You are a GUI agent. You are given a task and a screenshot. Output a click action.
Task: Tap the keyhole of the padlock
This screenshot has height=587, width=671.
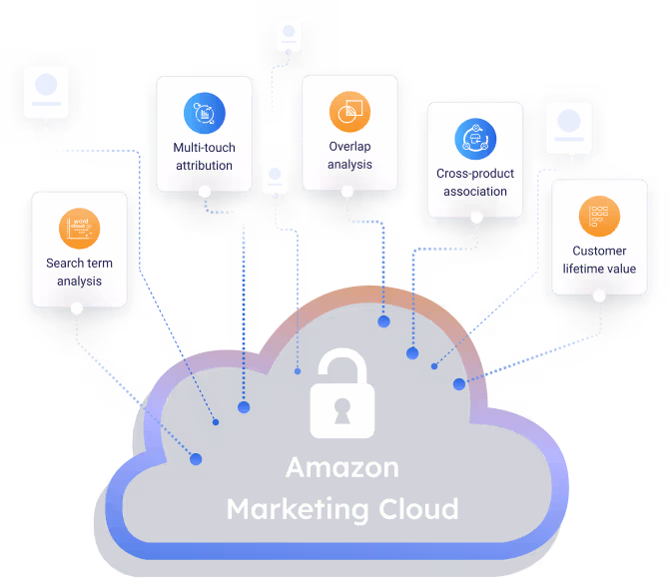pyautogui.click(x=342, y=409)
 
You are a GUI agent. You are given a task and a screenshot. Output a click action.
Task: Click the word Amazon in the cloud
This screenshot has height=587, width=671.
pyautogui.click(x=341, y=467)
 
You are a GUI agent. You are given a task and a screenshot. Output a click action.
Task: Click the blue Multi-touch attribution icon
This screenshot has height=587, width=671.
pyautogui.click(x=204, y=114)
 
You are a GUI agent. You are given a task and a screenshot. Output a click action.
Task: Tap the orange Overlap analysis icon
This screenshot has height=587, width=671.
pyautogui.click(x=349, y=112)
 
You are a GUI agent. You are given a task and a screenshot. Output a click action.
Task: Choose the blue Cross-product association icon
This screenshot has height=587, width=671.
pyautogui.click(x=475, y=140)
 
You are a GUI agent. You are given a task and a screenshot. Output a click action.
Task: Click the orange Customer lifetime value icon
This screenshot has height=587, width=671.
pyautogui.click(x=599, y=216)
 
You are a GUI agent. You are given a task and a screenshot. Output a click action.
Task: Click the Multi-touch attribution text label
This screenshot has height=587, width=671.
pyautogui.click(x=204, y=157)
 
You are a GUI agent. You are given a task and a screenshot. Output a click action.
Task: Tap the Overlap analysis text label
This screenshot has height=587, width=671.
pyautogui.click(x=349, y=156)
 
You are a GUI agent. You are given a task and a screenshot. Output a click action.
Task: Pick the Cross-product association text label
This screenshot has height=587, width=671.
pyautogui.click(x=475, y=183)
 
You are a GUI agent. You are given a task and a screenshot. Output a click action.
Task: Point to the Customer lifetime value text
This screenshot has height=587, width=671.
pyautogui.click(x=599, y=260)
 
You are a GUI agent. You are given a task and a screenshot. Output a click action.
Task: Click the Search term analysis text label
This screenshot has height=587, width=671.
pyautogui.click(x=79, y=273)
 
